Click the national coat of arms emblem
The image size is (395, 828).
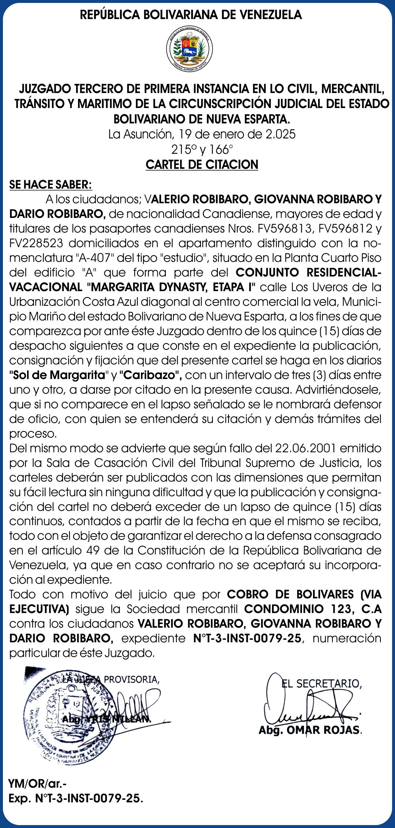click(x=189, y=49)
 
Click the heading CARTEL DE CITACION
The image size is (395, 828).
click(x=202, y=165)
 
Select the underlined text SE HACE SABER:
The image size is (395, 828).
click(x=51, y=185)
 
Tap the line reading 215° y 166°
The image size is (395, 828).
click(x=202, y=149)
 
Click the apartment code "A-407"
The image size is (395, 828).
click(x=93, y=258)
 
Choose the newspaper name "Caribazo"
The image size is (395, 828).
click(x=150, y=375)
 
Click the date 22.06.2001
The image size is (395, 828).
click(x=303, y=449)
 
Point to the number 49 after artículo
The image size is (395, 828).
click(x=94, y=551)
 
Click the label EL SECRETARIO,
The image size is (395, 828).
click(x=321, y=684)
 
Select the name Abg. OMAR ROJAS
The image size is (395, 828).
click(x=310, y=730)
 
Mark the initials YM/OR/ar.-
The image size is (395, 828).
click(x=37, y=784)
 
